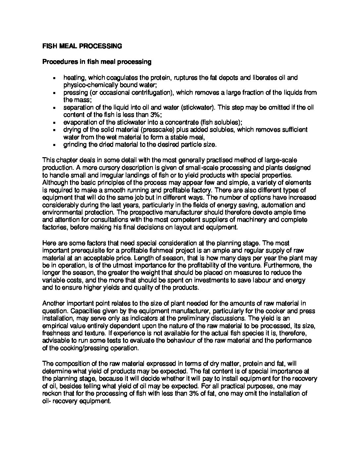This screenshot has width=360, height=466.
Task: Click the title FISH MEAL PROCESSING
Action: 82,46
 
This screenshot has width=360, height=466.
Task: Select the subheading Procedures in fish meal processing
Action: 97,62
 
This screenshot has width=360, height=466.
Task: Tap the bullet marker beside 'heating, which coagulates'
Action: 54,78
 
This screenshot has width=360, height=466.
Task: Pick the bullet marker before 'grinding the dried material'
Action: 54,145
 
